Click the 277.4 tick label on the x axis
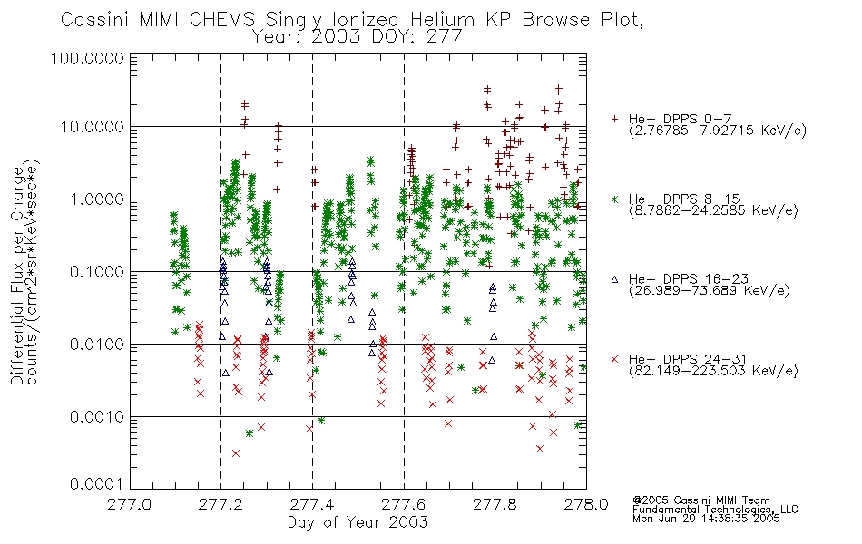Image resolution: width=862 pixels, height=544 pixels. pos(312,504)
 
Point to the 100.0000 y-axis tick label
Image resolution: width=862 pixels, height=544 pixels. pos(87,58)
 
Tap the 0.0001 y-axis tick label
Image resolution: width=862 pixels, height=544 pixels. pos(97,483)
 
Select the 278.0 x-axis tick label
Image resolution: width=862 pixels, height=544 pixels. pos(586,504)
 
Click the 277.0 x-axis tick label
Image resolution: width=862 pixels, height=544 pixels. pos(130,504)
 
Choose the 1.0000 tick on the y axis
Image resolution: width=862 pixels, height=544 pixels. pos(97,199)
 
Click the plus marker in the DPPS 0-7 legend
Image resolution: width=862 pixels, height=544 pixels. pos(614,119)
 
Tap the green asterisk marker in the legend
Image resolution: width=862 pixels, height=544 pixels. pos(614,199)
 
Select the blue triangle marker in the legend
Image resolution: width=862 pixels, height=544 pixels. pos(614,279)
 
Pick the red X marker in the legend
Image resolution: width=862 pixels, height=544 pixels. pos(614,359)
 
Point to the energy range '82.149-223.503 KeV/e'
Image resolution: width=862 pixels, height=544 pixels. pos(713,371)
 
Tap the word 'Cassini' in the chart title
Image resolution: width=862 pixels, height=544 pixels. pos(94,20)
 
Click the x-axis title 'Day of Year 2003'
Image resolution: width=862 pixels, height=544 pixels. pos(358,522)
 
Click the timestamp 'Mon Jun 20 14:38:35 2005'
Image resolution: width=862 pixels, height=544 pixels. pos(706,519)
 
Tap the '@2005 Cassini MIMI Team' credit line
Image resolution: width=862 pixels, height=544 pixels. pos(701,500)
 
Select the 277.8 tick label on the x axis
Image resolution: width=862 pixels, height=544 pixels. pos(495,504)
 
